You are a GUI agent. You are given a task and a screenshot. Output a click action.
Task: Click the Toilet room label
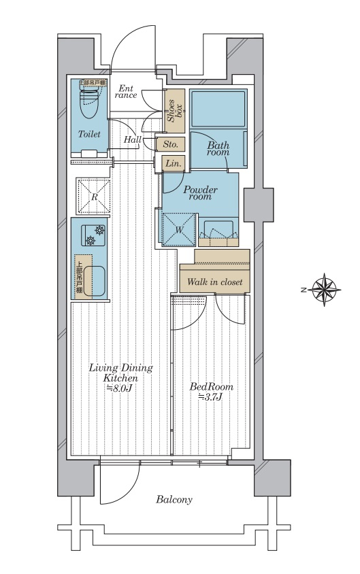point(89,135)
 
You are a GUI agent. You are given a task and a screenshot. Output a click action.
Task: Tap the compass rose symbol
point(325,290)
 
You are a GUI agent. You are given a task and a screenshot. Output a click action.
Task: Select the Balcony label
point(174,500)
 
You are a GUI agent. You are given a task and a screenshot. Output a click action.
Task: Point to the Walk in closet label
point(214,282)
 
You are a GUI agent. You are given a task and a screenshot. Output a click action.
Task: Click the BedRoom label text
point(212,387)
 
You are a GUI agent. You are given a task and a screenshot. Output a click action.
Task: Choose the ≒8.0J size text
point(119,388)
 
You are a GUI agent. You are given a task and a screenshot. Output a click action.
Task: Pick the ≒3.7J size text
point(210,396)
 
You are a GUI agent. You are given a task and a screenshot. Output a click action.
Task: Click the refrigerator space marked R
point(93,197)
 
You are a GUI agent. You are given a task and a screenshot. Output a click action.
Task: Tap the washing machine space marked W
point(178,229)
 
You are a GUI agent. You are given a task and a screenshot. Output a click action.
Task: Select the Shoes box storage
point(174,111)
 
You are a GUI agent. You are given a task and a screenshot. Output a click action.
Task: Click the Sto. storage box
point(170,144)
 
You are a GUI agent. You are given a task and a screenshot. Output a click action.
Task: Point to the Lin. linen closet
point(173,164)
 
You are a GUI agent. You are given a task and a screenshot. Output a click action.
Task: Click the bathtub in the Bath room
point(218,108)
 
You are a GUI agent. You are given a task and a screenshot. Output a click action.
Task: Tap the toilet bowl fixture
point(89,103)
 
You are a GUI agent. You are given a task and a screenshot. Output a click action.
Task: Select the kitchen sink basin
point(95,281)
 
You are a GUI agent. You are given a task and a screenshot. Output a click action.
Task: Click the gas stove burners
point(95,235)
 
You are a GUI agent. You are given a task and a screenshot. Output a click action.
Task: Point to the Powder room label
point(200,193)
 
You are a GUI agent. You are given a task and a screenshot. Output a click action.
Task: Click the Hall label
point(133,139)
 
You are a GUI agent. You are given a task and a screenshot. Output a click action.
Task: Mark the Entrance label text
point(126,92)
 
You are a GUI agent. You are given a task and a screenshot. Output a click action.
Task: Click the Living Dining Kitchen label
point(120,373)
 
